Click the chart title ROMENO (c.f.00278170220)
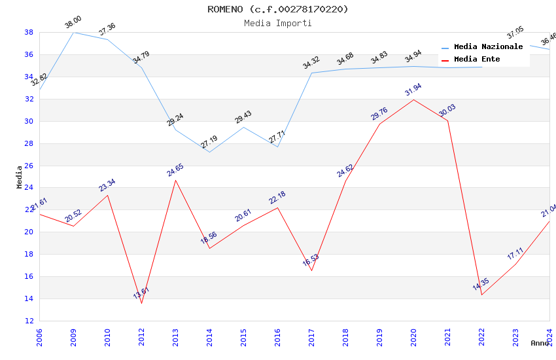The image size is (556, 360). click(278, 9)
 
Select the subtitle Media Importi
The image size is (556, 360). click(278, 23)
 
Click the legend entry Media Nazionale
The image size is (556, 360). click(488, 47)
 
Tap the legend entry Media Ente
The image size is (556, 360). click(477, 60)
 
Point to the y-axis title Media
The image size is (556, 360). click(19, 177)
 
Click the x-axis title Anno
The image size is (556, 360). click(540, 343)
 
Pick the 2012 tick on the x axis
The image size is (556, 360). click(141, 338)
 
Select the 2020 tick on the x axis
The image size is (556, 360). click(413, 338)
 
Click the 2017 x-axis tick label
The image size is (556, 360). click(311, 338)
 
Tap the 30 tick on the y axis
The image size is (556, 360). click(29, 121)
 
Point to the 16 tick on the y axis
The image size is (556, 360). click(29, 276)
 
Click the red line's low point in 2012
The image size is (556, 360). click(141, 303)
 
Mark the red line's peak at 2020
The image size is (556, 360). click(413, 99)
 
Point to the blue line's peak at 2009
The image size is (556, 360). click(73, 32)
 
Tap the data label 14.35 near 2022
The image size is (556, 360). click(481, 285)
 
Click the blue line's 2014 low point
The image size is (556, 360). click(209, 152)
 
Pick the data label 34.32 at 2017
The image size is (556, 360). click(311, 63)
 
